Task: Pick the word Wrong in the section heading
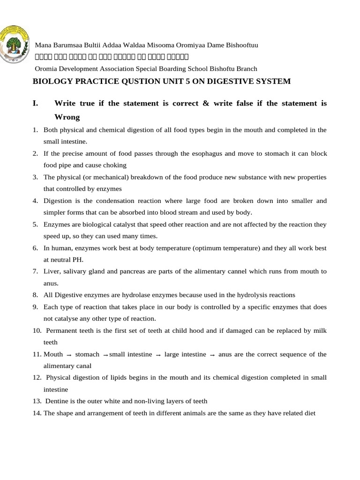(x=67, y=117)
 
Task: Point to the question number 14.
(x=37, y=413)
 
